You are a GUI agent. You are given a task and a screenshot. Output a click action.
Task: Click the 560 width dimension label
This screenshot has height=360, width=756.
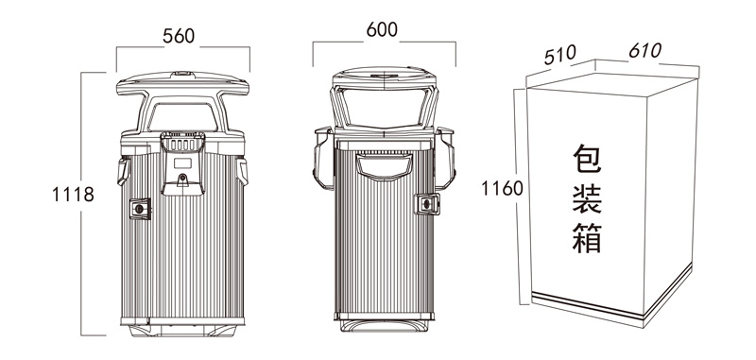click(179, 36)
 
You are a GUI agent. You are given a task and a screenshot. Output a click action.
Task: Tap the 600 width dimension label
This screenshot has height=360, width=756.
click(382, 30)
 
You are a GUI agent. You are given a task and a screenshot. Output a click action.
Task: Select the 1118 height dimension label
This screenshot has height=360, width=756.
click(73, 195)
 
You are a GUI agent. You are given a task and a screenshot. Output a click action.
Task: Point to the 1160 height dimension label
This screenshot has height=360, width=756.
click(502, 188)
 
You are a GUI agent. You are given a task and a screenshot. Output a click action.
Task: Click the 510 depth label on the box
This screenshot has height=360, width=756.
click(559, 55)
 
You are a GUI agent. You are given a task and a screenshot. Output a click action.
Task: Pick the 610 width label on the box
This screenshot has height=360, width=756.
click(645, 50)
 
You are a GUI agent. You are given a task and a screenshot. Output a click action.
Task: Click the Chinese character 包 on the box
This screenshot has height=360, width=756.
click(587, 159)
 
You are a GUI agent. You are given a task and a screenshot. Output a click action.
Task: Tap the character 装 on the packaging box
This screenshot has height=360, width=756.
click(587, 199)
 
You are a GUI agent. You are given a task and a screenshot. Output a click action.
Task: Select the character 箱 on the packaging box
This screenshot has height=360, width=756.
click(587, 238)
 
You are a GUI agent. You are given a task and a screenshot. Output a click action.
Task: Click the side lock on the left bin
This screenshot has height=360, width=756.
click(140, 209)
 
